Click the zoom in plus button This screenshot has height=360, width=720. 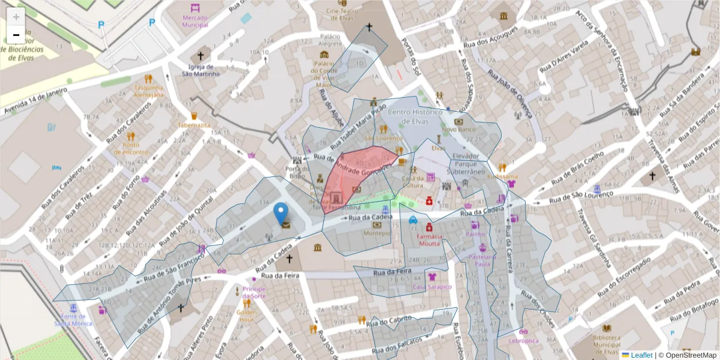(x=16, y=17)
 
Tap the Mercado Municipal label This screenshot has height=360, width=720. (x=195, y=21)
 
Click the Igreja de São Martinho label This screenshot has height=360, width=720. (x=200, y=70)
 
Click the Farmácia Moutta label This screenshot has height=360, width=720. (x=429, y=239)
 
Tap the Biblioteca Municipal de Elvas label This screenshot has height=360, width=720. (x=607, y=344)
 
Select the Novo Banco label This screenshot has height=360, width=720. (x=458, y=129)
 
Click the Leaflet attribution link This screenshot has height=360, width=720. (x=641, y=355)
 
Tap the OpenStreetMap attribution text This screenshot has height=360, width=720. (x=690, y=355)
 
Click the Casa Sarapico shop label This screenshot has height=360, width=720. (x=431, y=287)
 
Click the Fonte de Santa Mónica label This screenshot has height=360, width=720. (x=73, y=320)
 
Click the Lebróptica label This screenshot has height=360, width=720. (x=524, y=340)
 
